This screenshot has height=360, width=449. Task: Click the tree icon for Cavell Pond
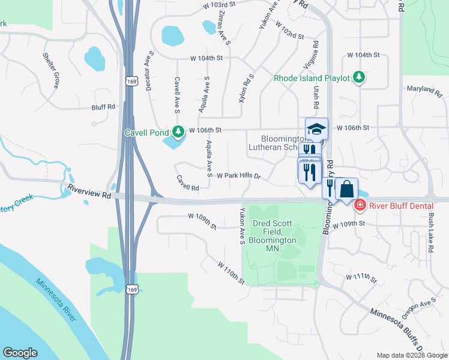point(178,131)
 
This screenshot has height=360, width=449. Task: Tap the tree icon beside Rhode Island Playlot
point(359,77)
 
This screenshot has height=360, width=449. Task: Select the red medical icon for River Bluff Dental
point(360,205)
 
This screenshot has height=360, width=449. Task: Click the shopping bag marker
point(346,189)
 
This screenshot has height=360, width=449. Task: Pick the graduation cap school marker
point(316,128)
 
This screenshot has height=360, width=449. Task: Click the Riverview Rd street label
point(89,191)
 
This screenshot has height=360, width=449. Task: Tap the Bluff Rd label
point(103,107)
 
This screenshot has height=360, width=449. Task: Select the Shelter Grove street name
point(50,70)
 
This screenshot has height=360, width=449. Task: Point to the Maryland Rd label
point(424,91)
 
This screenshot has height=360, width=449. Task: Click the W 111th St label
point(361,279)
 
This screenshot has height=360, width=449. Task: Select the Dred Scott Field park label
point(273,235)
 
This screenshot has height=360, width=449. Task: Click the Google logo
point(20,353)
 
